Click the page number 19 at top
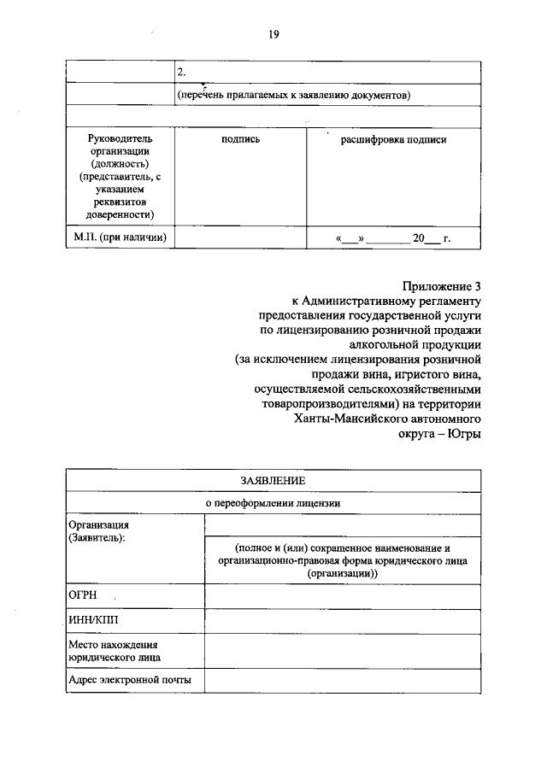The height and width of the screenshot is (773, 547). coord(273,34)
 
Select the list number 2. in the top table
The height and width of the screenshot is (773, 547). coord(181,72)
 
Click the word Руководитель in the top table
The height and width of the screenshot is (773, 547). coord(120,139)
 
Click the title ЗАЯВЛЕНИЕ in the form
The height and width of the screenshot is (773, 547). coord(273,482)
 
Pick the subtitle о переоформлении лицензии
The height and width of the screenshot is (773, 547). coord(273,503)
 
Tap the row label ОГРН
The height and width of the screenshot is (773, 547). coord(80,594)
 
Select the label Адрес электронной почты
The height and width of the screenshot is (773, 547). coord(129,680)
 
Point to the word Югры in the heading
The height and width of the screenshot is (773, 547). coord(464,434)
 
